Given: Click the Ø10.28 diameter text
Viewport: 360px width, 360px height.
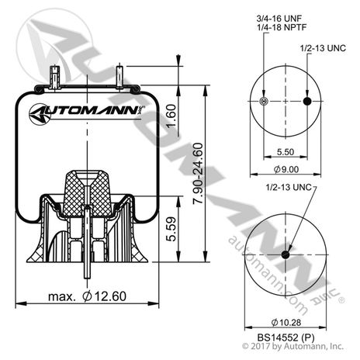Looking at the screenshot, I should [x=286, y=322].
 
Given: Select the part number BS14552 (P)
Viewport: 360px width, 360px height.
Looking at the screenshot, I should [x=286, y=338].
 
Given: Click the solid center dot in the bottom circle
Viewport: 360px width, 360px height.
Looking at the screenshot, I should [x=286, y=256].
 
